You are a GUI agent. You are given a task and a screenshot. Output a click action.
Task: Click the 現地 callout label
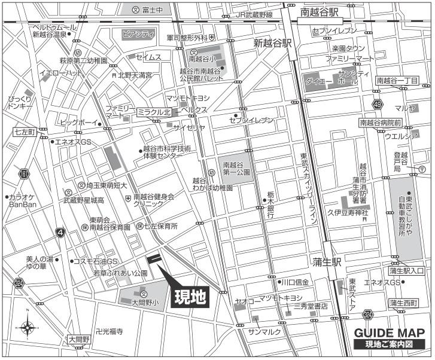tap(191, 297)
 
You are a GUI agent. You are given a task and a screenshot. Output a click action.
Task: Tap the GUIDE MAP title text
tap(390, 333)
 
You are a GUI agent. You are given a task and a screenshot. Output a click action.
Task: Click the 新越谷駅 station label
tap(272, 43)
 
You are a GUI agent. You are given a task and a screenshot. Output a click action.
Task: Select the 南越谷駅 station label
tap(321, 11)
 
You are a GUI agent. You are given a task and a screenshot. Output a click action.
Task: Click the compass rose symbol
tap(28, 327)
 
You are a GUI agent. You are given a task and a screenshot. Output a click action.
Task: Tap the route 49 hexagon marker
tap(377, 105)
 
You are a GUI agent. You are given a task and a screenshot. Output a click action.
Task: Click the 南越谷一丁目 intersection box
tap(397, 81)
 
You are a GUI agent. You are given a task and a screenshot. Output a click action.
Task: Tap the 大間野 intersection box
tap(78, 339)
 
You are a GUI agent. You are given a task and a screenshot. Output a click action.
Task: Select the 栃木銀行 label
tap(270, 206)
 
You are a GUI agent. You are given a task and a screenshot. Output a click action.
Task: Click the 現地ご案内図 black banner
tap(390, 344)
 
